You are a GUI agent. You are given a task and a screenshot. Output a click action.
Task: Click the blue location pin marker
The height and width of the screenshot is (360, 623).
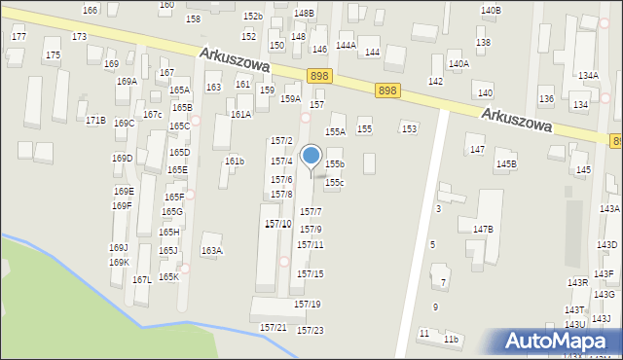pos(311,157)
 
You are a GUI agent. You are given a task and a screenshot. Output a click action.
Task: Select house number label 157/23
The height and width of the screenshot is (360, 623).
pos(310,331)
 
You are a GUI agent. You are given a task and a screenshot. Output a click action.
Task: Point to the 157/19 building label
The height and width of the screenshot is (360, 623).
pos(308,305)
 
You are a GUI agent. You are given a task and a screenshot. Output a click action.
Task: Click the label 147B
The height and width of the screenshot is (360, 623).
pos(484,230)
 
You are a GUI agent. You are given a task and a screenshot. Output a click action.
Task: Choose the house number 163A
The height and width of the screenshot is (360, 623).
pos(211,251)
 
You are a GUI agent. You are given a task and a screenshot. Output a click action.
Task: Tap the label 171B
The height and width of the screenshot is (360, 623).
pos(95,121)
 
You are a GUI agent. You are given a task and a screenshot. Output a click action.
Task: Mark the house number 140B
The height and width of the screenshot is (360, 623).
pos(491,11)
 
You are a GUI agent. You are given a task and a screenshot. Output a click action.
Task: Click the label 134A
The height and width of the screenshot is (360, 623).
pos(588,76)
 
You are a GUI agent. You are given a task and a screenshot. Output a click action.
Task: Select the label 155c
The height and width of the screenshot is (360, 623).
pos(335,183)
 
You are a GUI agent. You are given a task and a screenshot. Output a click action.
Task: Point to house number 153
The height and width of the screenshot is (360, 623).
pos(410,129)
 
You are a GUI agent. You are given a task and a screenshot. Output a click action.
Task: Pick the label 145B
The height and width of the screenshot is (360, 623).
pos(506,164)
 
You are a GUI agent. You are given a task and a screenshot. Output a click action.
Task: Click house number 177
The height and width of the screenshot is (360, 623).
pos(18,36)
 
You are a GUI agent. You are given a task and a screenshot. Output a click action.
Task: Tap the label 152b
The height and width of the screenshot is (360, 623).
pos(253,17)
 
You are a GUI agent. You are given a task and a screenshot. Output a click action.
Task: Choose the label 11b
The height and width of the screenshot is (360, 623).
pos(451,340)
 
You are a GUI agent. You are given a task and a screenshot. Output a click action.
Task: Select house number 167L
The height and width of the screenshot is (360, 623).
pos(142,280)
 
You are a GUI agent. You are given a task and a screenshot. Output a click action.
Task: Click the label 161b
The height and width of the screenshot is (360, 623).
pos(235,162)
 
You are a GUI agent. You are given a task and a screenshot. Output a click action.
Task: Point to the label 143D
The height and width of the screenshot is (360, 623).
pos(606,245)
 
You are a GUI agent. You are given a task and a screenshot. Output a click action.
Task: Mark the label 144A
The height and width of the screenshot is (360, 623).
pos(346,46)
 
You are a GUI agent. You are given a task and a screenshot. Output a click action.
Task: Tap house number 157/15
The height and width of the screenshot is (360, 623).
pos(311,274)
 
